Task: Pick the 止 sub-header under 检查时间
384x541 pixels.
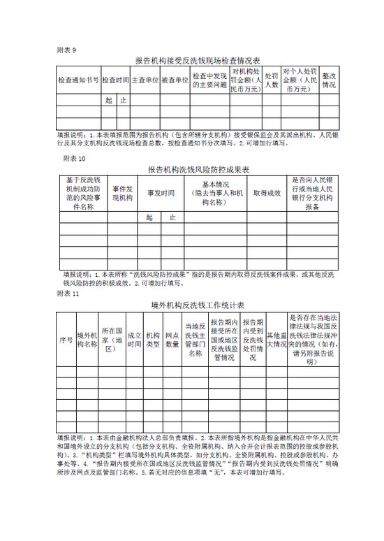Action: click(123, 100)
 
